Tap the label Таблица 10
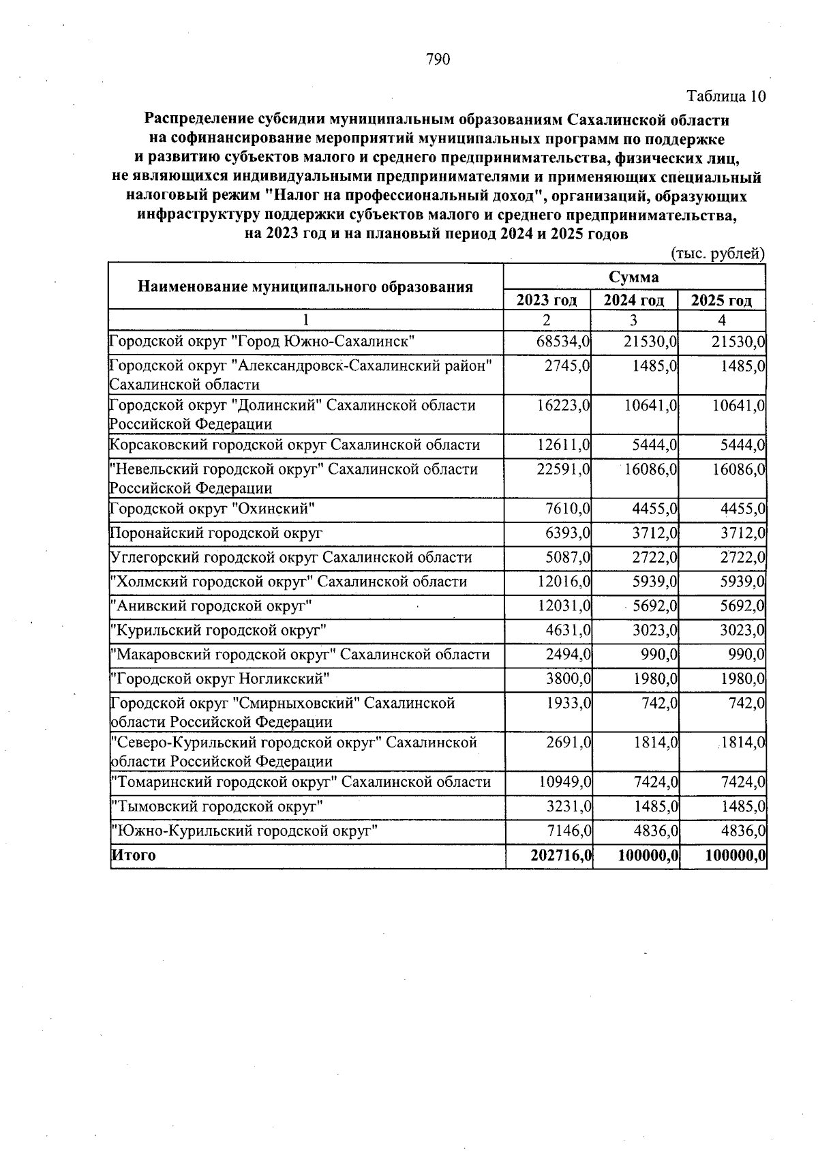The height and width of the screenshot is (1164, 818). [x=726, y=96]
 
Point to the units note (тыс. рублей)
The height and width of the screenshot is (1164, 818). [x=718, y=254]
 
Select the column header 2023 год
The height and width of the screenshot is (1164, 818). [x=547, y=300]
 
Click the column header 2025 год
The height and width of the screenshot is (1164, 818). [x=722, y=300]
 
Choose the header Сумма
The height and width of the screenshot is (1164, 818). [x=634, y=277]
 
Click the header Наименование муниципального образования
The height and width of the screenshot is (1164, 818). [x=305, y=286]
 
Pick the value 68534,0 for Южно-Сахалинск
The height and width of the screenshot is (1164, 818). [x=564, y=341]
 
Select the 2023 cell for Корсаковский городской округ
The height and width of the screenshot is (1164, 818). [x=564, y=445]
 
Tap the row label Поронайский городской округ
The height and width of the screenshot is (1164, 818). [x=216, y=533]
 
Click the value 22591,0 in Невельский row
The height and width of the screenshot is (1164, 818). [x=564, y=469]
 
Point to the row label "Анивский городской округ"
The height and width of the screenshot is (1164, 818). [x=212, y=606]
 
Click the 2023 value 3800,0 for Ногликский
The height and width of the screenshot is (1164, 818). [x=568, y=678]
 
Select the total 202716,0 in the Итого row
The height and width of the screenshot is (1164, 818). [x=560, y=855]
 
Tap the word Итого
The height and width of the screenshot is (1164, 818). [x=134, y=855]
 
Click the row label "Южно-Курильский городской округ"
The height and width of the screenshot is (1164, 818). [x=244, y=831]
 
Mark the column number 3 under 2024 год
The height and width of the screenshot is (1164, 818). [x=634, y=320]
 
